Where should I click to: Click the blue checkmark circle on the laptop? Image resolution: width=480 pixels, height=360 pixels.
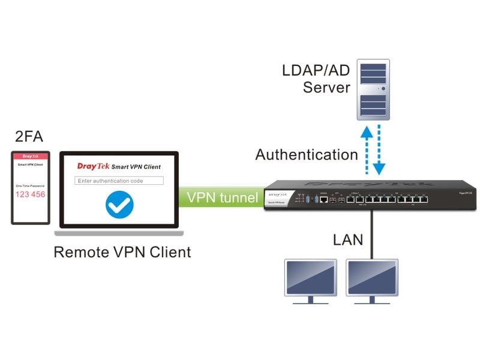tap(119, 205)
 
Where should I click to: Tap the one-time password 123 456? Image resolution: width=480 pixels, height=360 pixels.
tap(30, 194)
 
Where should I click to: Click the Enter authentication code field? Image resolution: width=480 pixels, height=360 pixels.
tap(119, 181)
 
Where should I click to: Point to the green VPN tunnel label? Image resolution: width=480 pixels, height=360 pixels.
tap(222, 197)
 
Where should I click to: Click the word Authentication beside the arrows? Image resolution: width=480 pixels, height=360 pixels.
tap(306, 155)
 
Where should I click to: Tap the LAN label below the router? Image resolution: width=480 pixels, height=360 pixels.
tap(348, 240)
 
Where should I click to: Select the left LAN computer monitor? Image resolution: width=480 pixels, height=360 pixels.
tap(310, 280)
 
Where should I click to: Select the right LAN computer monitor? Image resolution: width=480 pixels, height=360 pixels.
tap(372, 280)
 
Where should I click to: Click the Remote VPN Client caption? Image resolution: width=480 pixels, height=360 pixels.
tap(122, 251)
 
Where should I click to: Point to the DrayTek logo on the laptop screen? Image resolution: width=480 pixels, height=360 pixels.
tap(93, 166)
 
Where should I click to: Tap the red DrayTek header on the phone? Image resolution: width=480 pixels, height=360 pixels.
tap(30, 157)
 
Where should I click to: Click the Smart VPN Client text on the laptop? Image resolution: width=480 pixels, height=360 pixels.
tap(136, 167)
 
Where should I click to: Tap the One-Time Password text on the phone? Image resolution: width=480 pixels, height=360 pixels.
tap(30, 187)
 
